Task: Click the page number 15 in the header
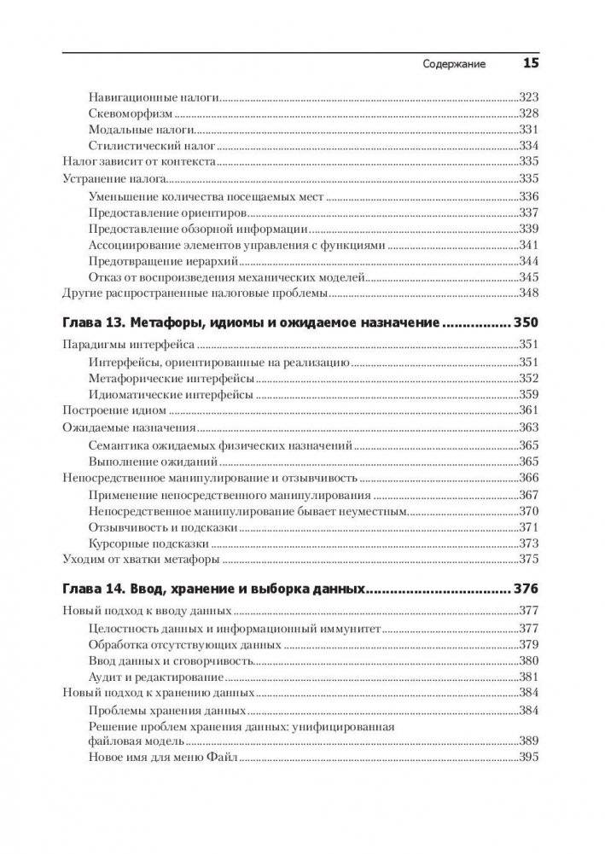click(x=530, y=62)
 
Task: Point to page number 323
click(x=529, y=97)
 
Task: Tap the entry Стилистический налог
click(x=151, y=146)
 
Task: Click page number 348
click(x=529, y=293)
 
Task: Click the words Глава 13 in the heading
click(x=96, y=324)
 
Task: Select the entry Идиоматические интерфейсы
click(x=170, y=394)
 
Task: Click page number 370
click(x=529, y=511)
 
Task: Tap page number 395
click(x=529, y=757)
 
